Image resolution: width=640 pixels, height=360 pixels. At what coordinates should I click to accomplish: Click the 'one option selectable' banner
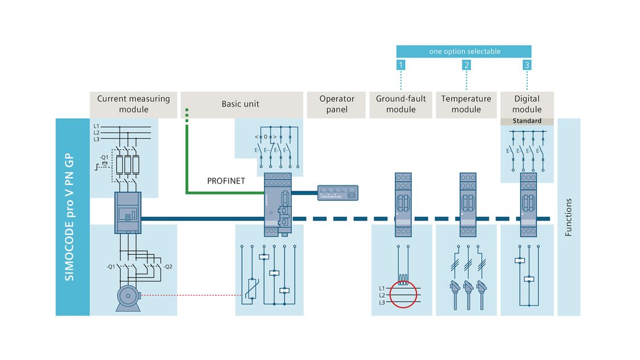pos(464,52)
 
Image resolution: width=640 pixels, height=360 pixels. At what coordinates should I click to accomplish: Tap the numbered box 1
pos(400,65)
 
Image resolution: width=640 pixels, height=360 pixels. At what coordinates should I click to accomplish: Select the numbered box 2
pos(466,65)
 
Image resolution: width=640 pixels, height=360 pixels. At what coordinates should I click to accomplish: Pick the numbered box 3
pos(527,65)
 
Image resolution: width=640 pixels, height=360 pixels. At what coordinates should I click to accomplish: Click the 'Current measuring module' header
pos(133,104)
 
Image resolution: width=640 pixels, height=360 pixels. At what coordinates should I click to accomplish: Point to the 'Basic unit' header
pos(241,104)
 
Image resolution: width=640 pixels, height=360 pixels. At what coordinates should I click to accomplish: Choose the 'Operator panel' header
pos(336,104)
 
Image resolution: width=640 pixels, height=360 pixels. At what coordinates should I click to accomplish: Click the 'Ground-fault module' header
pos(401,104)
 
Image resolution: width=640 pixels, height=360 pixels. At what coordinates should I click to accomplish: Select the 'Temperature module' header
pos(466,104)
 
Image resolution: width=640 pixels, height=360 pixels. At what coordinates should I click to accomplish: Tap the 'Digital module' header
pos(527,104)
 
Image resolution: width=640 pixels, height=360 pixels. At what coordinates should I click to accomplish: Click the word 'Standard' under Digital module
pos(527,121)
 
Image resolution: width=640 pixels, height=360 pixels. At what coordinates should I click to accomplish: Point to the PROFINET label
pos(226,181)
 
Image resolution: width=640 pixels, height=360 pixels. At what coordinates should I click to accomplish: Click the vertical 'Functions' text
pos(568,217)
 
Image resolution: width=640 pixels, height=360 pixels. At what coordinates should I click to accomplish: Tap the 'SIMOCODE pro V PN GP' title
pos(72,217)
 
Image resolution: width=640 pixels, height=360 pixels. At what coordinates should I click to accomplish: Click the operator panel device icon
pos(337,192)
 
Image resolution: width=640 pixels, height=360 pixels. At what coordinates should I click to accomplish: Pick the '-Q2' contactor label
pos(167,266)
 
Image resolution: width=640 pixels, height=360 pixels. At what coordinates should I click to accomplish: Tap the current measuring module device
pos(128,212)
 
